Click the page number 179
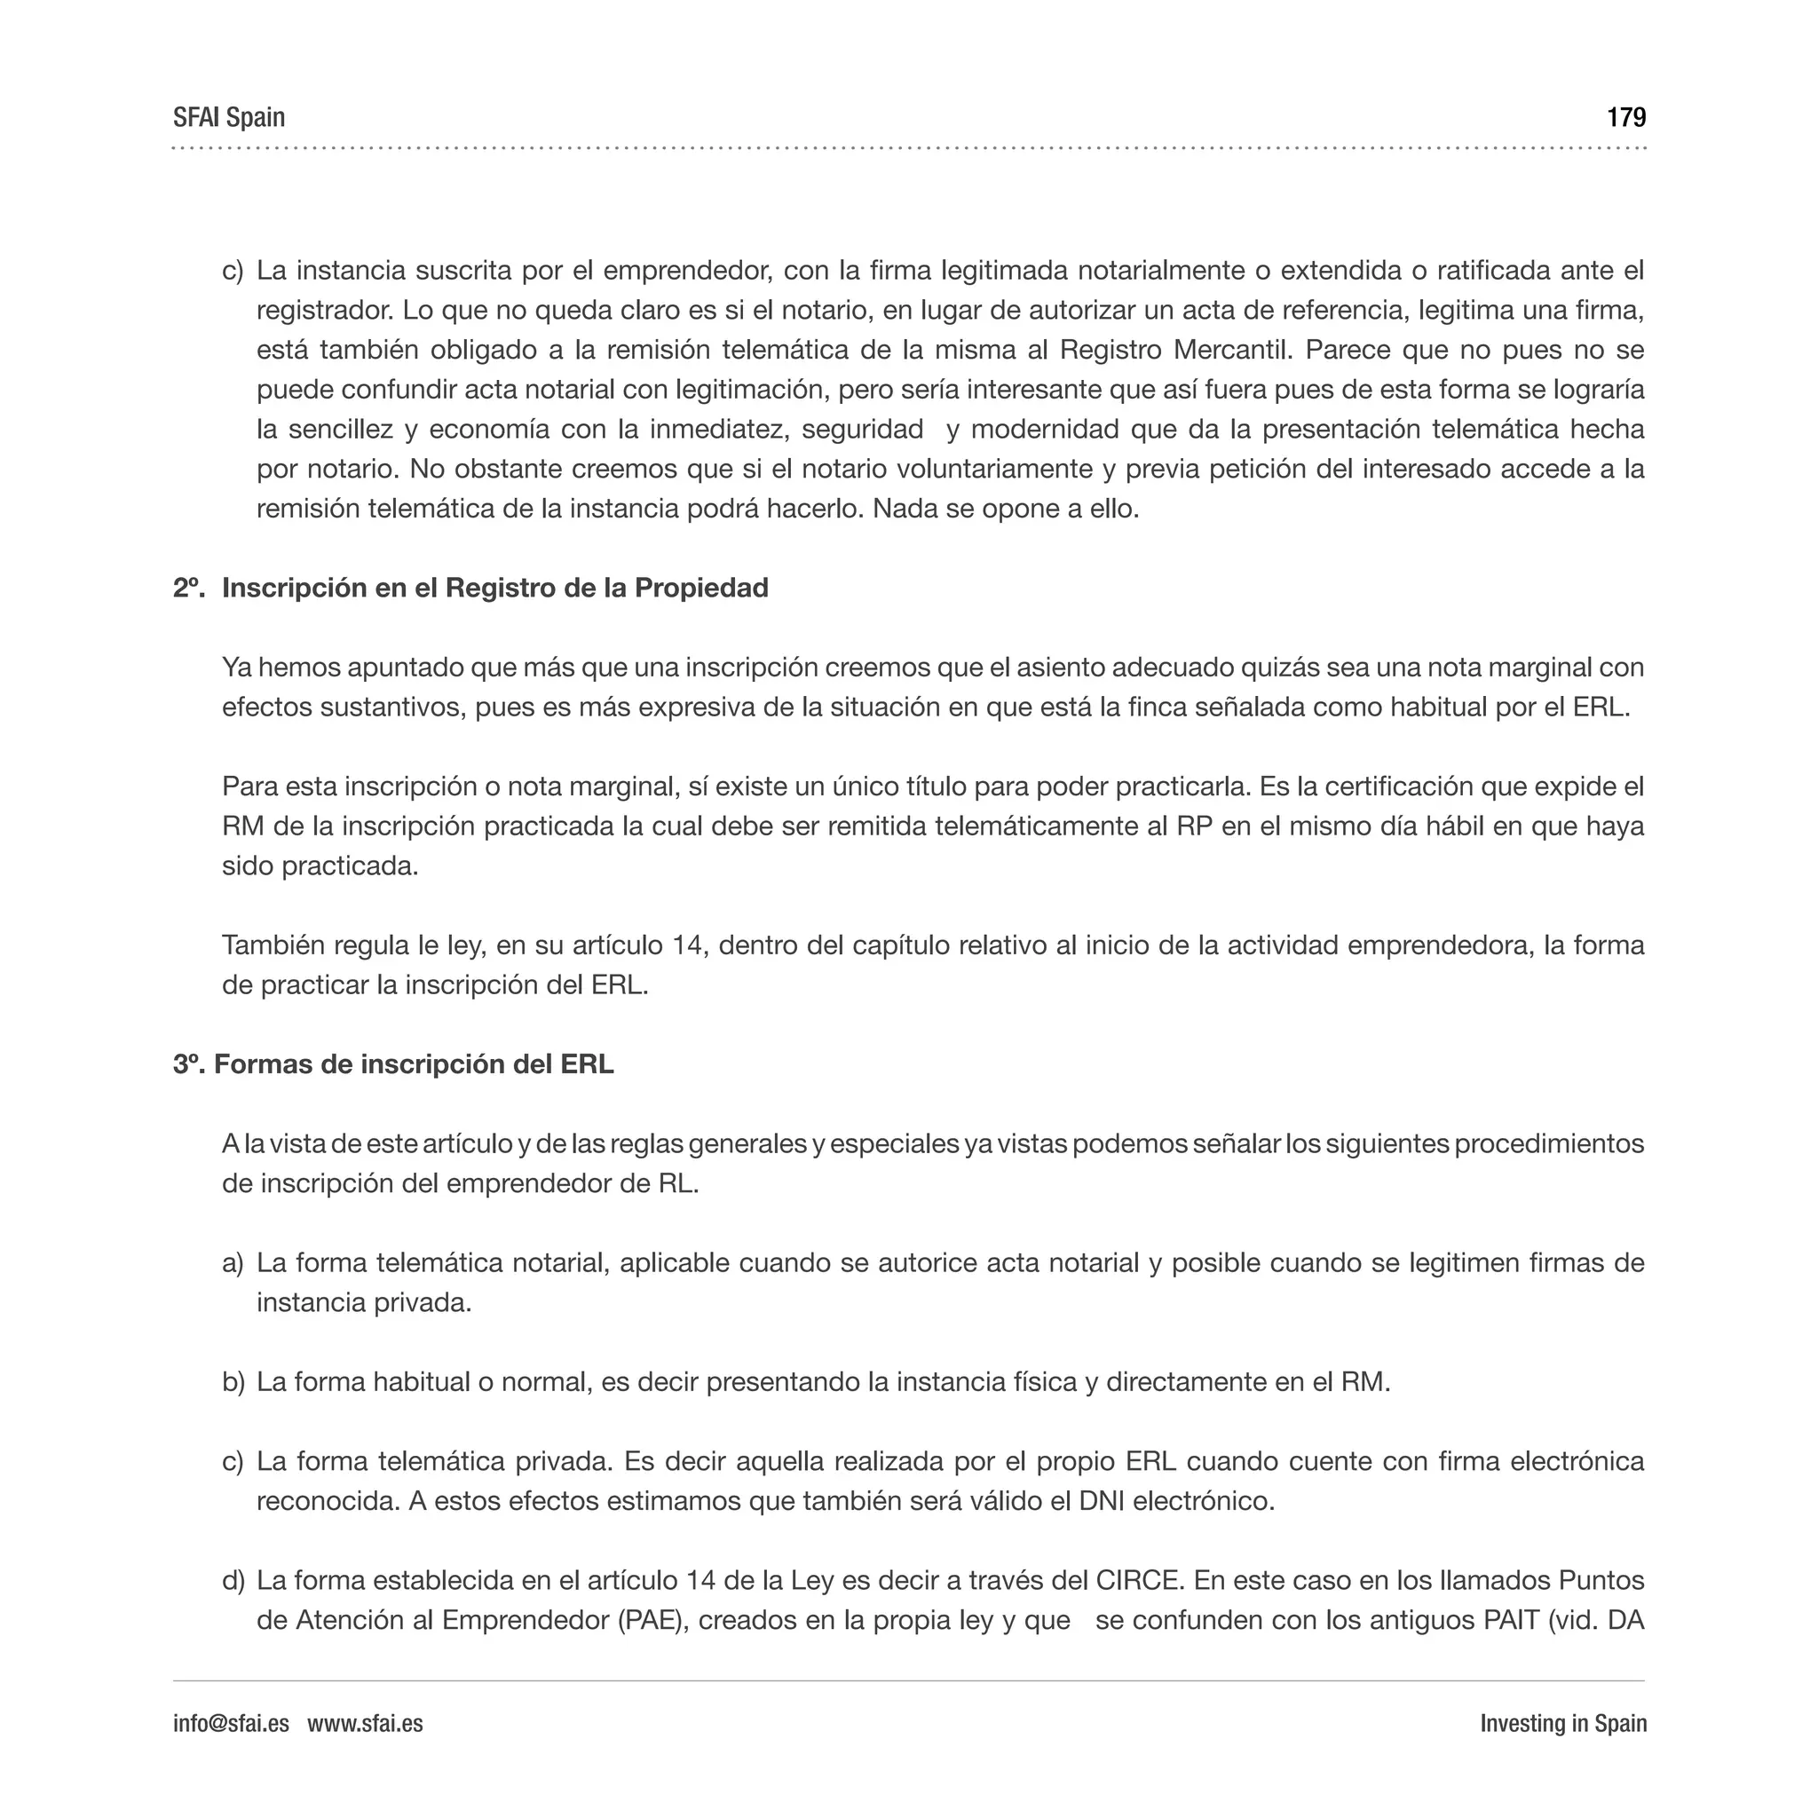click(x=1625, y=118)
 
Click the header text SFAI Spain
click(x=229, y=118)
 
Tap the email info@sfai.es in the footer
click(x=231, y=1723)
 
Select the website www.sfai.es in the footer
click(x=365, y=1723)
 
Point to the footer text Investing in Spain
click(x=1562, y=1723)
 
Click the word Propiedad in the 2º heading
click(x=701, y=589)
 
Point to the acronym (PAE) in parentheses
click(x=648, y=1620)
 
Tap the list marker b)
click(x=233, y=1382)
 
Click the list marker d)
click(x=233, y=1580)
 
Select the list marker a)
click(x=233, y=1263)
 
